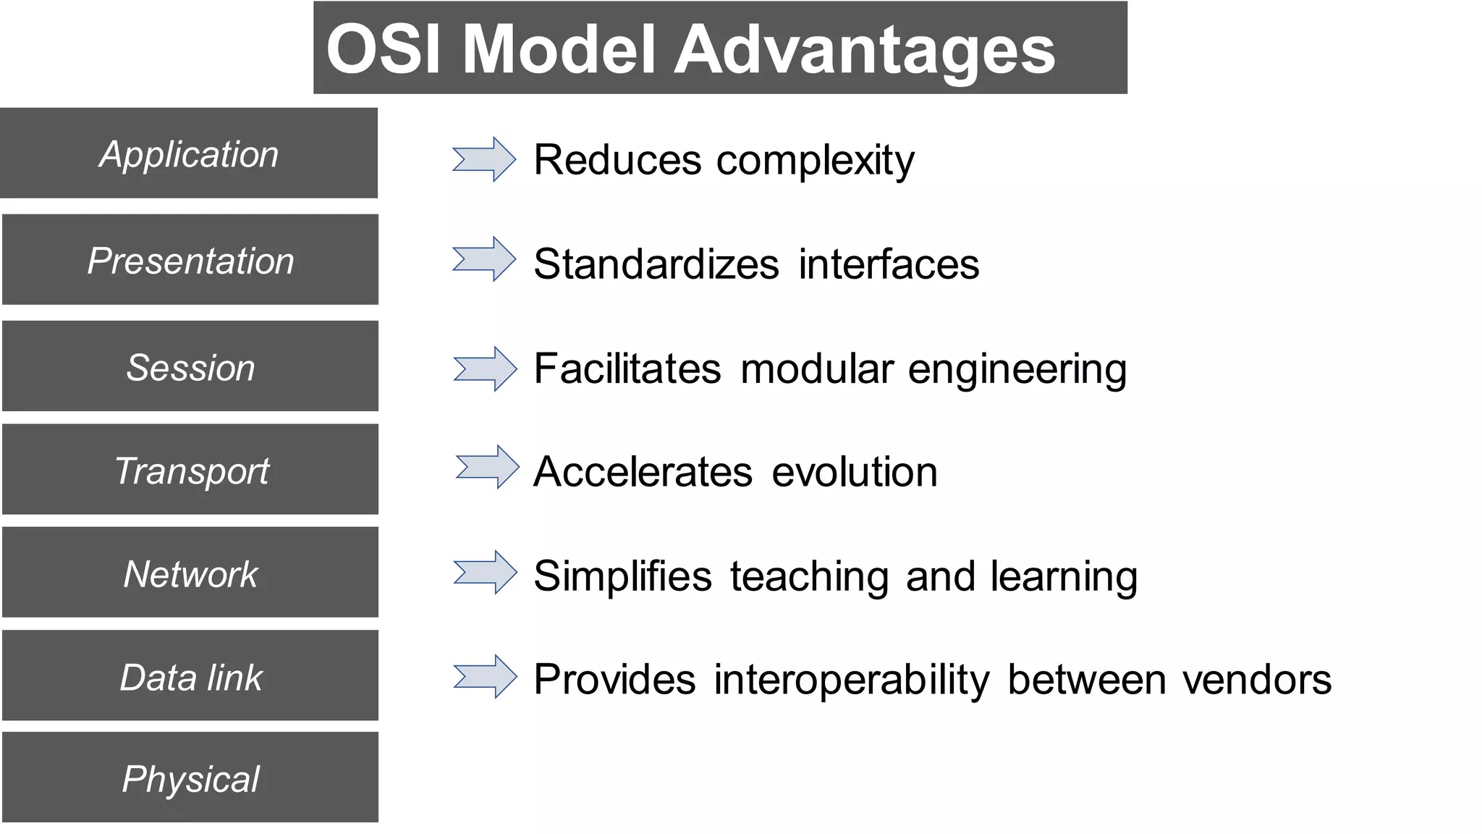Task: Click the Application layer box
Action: click(x=189, y=153)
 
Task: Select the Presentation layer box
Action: click(x=190, y=259)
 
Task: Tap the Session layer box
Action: click(x=190, y=366)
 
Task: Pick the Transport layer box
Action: click(x=190, y=470)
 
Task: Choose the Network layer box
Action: click(x=190, y=573)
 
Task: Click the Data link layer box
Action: click(x=190, y=676)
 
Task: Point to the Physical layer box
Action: click(x=190, y=778)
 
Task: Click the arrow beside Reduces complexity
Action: click(x=484, y=159)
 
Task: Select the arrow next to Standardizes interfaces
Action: click(x=484, y=259)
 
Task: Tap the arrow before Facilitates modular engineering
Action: click(x=485, y=369)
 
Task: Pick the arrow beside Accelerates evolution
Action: click(x=487, y=467)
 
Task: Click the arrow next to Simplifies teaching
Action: click(x=485, y=573)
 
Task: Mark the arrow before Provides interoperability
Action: click(x=485, y=677)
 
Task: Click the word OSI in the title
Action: click(x=384, y=49)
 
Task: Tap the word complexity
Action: click(x=815, y=161)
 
